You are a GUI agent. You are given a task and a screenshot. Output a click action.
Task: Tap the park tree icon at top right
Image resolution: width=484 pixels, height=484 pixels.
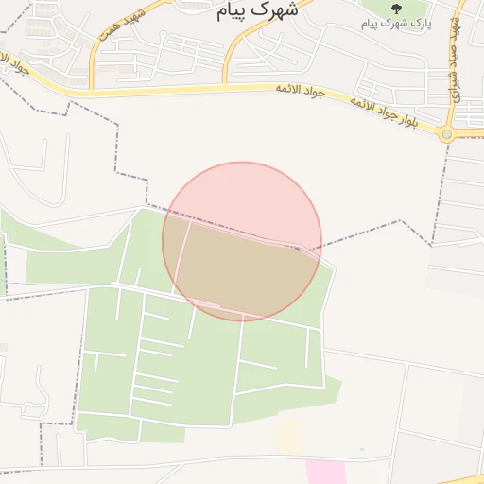tap(395, 8)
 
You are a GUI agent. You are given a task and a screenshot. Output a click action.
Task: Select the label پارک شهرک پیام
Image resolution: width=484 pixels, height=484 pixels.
tap(396, 23)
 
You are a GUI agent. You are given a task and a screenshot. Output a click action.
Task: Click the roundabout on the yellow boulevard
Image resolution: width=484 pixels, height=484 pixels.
tap(445, 134)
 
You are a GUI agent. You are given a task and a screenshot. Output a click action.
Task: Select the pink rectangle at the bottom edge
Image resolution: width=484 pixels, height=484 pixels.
tap(324, 472)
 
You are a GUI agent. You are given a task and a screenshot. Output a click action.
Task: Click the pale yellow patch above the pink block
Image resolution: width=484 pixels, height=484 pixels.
tap(288, 437)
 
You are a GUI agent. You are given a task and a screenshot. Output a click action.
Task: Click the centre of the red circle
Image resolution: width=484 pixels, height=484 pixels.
tap(242, 241)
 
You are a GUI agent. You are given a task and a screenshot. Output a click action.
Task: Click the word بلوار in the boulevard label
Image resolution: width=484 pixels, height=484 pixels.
tap(422, 120)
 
